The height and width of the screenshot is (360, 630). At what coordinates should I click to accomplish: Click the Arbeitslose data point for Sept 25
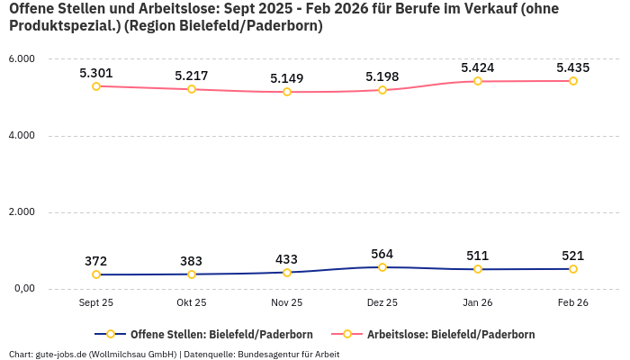(96, 86)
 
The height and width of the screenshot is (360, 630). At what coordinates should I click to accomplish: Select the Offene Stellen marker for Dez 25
(382, 267)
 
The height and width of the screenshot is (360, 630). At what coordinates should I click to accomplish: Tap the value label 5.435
(573, 67)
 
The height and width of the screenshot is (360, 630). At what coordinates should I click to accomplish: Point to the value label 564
(382, 254)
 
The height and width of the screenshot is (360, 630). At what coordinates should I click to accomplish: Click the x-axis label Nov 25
(287, 303)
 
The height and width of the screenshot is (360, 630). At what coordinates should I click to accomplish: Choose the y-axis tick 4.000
(21, 136)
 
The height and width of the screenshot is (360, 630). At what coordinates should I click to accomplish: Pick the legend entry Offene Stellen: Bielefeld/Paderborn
(208, 334)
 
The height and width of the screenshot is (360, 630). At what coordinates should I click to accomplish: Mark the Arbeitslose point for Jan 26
(478, 81)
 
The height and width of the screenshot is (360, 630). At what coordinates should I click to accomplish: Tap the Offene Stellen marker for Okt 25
(192, 274)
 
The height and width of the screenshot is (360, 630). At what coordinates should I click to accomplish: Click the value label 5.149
(287, 78)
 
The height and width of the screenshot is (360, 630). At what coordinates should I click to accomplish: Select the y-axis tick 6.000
(21, 59)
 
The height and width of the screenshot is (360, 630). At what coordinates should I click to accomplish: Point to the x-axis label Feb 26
(573, 303)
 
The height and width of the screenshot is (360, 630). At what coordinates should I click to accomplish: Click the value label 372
(96, 261)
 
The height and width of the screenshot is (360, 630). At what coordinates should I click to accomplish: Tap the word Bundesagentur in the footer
(269, 354)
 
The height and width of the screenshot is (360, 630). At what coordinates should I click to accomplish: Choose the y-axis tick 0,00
(23, 289)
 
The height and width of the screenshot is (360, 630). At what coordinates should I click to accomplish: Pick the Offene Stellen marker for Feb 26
(573, 269)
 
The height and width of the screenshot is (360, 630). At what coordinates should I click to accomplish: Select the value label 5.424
(478, 67)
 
